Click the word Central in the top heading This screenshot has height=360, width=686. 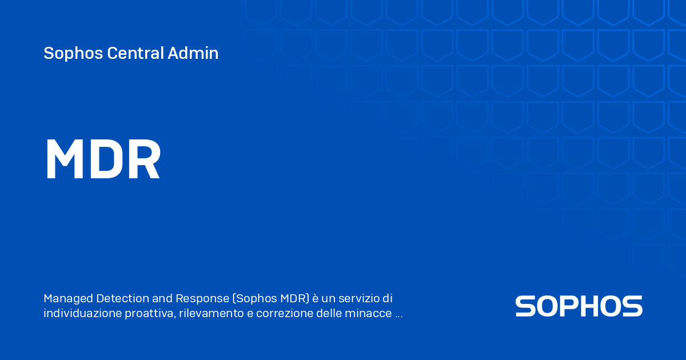(135, 53)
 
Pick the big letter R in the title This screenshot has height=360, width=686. (143, 161)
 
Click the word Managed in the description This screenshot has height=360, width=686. (68, 298)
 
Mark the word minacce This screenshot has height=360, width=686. (372, 314)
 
